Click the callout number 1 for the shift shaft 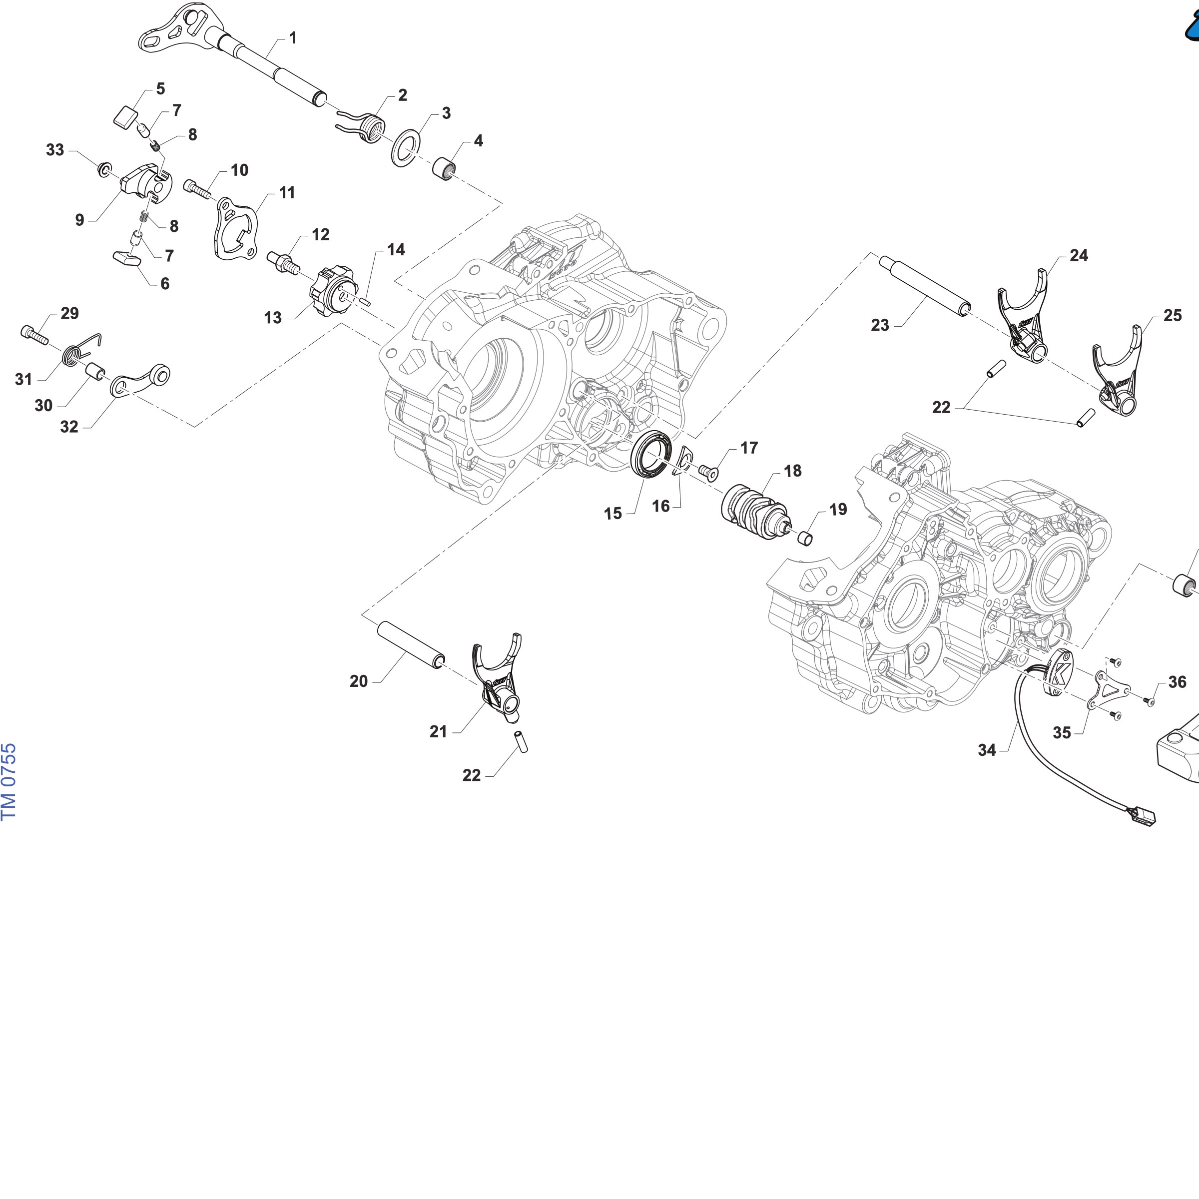(x=293, y=38)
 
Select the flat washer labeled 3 (x=405, y=148)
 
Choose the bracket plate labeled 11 (x=235, y=228)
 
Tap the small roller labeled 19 (x=805, y=538)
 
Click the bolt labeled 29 (x=35, y=335)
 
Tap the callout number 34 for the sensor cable (x=987, y=750)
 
